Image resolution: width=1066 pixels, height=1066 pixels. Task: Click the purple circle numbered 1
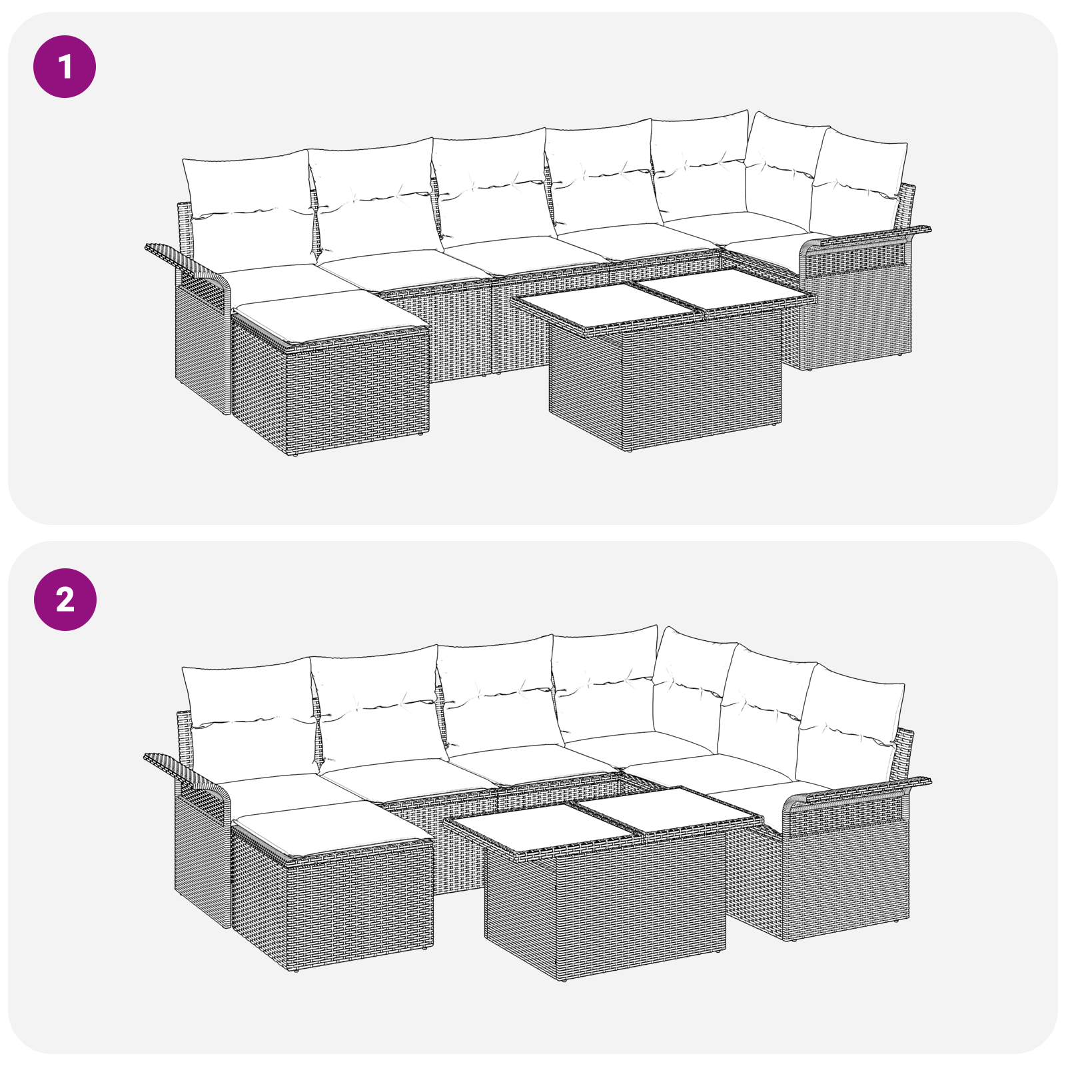coord(65,67)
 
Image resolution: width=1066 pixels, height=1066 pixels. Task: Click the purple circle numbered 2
coord(65,600)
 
